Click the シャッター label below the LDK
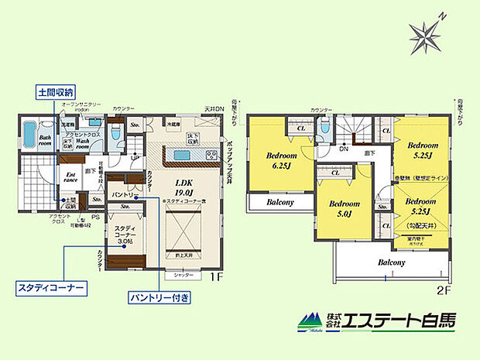pos(183,274)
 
